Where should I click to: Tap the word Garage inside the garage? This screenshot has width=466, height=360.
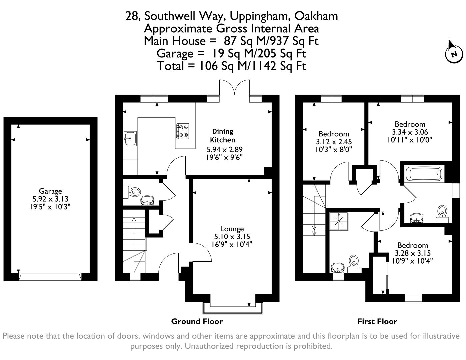tap(50, 191)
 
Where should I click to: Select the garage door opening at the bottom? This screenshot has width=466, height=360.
tap(50, 277)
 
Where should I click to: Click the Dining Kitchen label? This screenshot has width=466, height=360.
tap(223, 136)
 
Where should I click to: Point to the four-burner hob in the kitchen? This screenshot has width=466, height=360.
tap(182, 131)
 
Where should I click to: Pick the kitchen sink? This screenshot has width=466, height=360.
tap(130, 138)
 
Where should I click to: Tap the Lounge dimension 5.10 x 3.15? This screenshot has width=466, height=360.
tap(232, 237)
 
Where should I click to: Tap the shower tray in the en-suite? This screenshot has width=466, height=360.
tap(339, 221)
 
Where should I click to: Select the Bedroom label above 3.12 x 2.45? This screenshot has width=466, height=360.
tap(334, 134)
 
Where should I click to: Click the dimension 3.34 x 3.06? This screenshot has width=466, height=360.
tap(410, 132)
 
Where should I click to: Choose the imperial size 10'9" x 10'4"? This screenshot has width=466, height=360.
tap(413, 261)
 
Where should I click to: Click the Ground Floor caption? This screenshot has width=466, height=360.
tap(197, 321)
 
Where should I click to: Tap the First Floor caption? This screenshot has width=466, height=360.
tap(377, 321)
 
